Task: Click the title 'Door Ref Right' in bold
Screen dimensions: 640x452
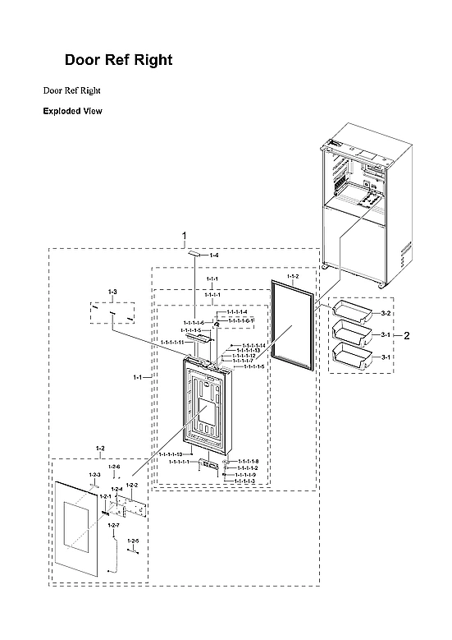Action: (x=118, y=61)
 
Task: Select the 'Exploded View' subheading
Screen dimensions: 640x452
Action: (x=72, y=111)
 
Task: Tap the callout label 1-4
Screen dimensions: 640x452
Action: (x=214, y=256)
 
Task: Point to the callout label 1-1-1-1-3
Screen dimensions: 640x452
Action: (x=246, y=481)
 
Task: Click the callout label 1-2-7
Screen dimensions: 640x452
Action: (x=113, y=525)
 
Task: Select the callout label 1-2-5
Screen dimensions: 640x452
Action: (x=132, y=541)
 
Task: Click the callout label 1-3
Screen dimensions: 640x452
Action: (x=113, y=292)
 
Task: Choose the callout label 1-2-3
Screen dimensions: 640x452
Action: (x=94, y=475)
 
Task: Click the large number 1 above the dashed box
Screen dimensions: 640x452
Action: (x=184, y=236)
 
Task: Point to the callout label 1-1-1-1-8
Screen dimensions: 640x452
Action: (x=248, y=462)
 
